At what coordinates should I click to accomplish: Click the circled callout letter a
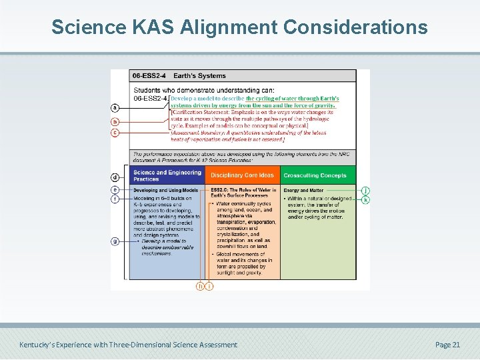click(x=115, y=107)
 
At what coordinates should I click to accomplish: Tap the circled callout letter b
click(x=115, y=122)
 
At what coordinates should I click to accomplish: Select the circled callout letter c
click(x=115, y=132)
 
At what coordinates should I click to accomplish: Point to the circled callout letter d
click(x=115, y=177)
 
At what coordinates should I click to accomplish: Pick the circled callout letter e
click(x=115, y=190)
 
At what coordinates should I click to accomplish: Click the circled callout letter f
click(x=115, y=199)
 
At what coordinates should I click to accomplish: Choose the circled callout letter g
click(x=115, y=241)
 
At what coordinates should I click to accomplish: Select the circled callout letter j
click(x=365, y=191)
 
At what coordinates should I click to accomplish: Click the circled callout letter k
click(x=365, y=199)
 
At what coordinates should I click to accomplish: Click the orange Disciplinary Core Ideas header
click(x=242, y=175)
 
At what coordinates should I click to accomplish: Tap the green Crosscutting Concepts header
click(x=315, y=175)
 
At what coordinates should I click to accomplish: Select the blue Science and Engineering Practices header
click(x=166, y=175)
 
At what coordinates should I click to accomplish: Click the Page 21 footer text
click(x=447, y=345)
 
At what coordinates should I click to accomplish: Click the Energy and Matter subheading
click(x=303, y=191)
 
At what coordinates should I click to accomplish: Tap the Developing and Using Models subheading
click(x=165, y=191)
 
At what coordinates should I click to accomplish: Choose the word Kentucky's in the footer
click(x=38, y=345)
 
